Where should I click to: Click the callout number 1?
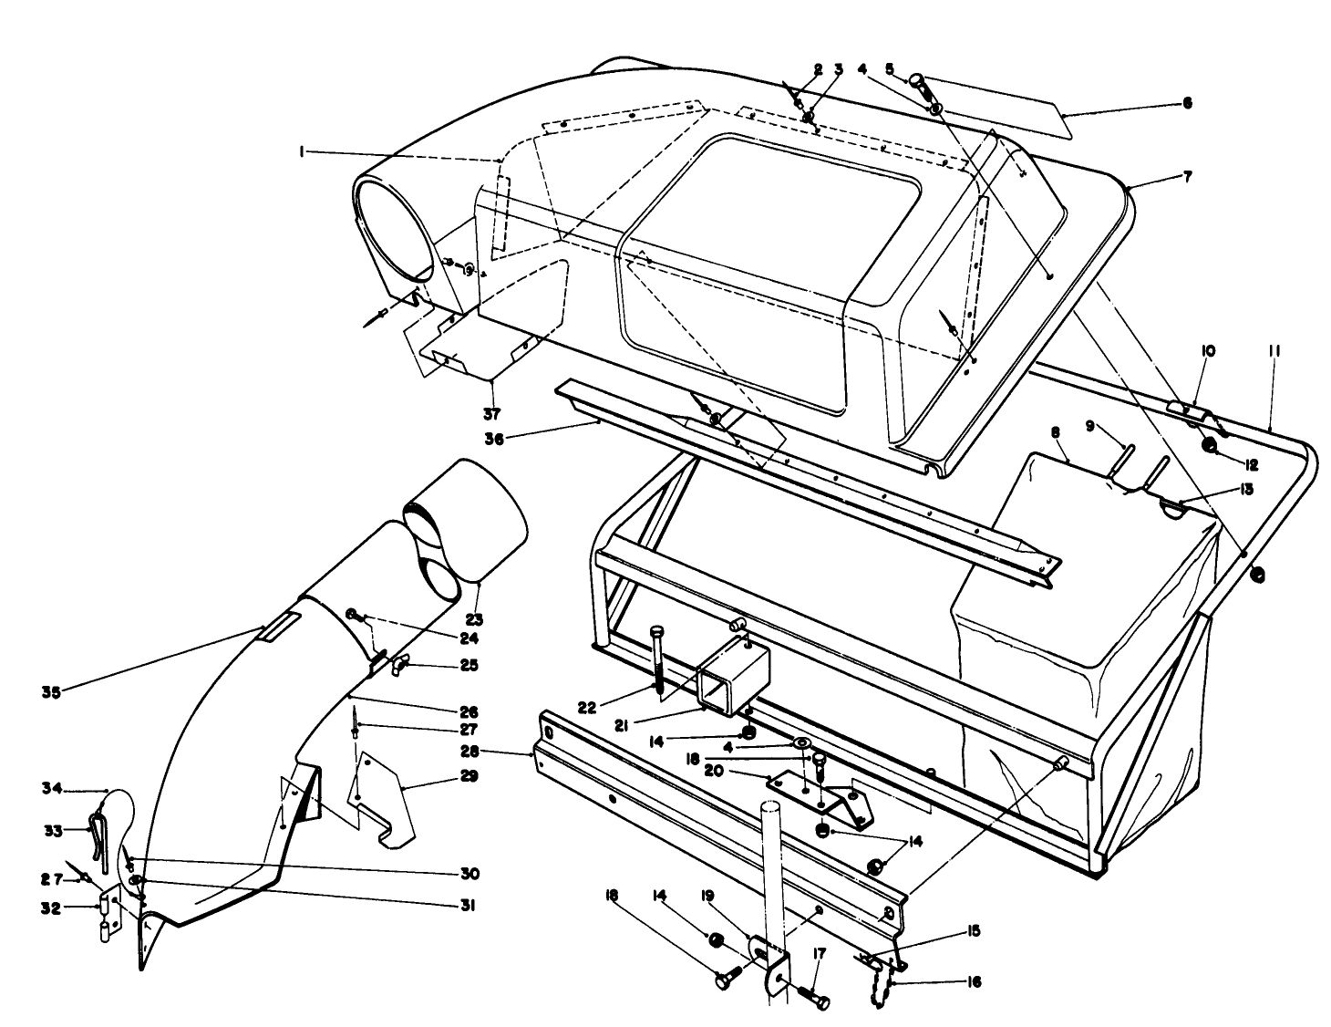pyautogui.click(x=302, y=152)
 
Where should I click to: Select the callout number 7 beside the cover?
pyautogui.click(x=1188, y=177)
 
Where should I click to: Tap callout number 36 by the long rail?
pyautogui.click(x=494, y=440)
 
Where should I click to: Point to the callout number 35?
pyautogui.click(x=51, y=693)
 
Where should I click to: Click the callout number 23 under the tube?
pyautogui.click(x=474, y=619)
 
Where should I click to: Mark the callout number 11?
pyautogui.click(x=1274, y=351)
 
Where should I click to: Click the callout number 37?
pyautogui.click(x=491, y=415)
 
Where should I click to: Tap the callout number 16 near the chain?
pyautogui.click(x=973, y=982)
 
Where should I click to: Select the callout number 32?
pyautogui.click(x=51, y=908)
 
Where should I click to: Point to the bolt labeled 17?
pyautogui.click(x=811, y=998)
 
